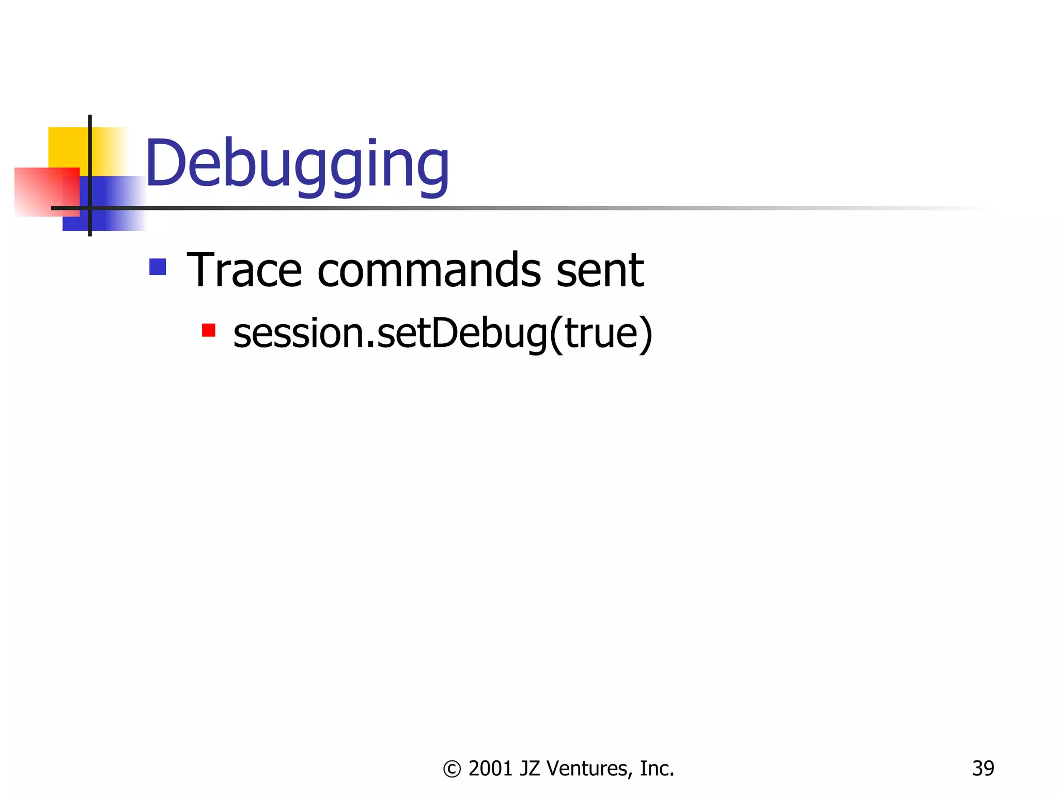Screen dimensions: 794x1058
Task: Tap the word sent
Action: [x=599, y=270]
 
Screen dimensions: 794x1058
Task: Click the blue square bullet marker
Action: [x=158, y=267]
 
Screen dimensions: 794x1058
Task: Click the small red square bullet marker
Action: [x=208, y=330]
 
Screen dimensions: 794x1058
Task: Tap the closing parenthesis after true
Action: [x=646, y=334]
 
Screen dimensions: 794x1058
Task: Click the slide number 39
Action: [x=983, y=769]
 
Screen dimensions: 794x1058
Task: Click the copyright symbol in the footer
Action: [x=452, y=769]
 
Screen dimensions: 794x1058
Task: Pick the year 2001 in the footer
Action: [x=490, y=769]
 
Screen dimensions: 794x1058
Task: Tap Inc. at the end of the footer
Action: [x=657, y=769]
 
